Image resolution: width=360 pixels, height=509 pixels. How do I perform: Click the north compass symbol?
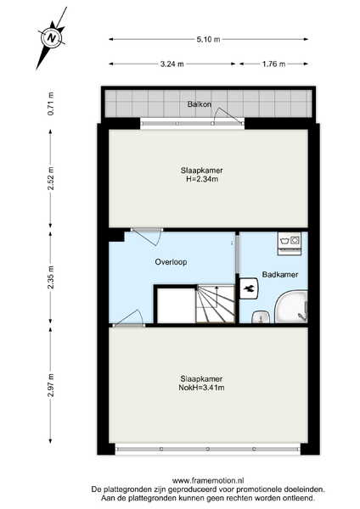tap(52, 37)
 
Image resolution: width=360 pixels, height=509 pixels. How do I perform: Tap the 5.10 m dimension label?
tap(208, 39)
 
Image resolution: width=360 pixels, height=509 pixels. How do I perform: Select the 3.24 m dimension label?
tap(172, 64)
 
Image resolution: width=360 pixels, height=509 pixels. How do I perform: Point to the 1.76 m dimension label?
tap(274, 64)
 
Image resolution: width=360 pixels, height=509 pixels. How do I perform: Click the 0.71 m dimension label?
tap(51, 103)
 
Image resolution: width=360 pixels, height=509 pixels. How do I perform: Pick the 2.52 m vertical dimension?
tap(51, 178)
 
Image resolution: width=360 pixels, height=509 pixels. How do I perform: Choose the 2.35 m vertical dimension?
tap(51, 277)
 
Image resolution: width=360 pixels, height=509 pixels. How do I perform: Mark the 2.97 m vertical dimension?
tap(51, 385)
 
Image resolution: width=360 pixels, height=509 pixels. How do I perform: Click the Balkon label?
tap(200, 104)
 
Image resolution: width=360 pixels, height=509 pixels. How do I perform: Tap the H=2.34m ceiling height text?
tap(202, 179)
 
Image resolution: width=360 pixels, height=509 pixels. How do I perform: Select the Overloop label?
tap(171, 261)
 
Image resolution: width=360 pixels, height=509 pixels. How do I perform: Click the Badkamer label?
tap(280, 275)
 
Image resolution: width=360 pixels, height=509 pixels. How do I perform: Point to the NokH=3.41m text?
tap(201, 388)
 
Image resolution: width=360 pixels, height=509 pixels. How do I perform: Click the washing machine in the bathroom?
tap(290, 243)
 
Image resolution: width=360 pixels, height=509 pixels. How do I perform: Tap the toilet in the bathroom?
tap(250, 288)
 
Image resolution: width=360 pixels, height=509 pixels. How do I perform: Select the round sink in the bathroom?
tap(261, 317)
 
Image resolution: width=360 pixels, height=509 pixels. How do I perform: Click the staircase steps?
tap(216, 305)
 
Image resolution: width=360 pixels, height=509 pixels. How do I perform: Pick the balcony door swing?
tap(229, 115)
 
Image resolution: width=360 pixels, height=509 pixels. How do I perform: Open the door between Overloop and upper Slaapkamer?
tap(147, 237)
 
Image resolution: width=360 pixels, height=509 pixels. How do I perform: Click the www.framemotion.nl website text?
tap(208, 480)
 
